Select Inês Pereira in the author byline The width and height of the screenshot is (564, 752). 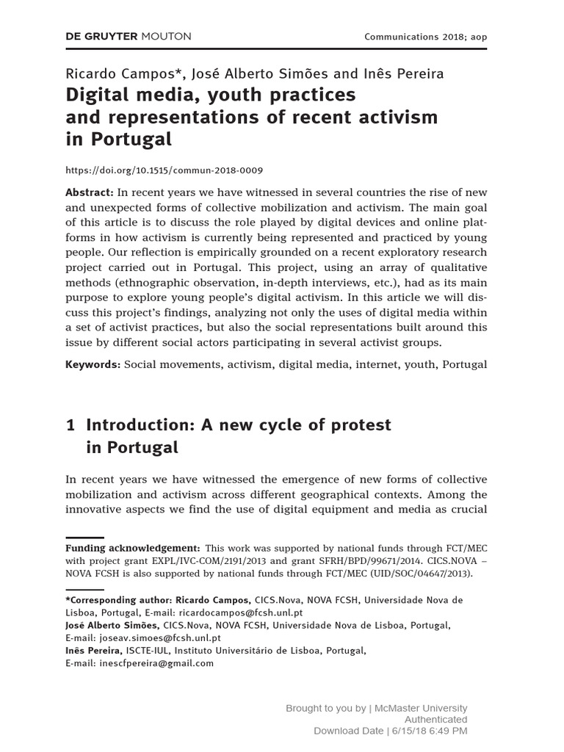pyautogui.click(x=403, y=73)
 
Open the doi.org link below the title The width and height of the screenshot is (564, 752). pyautogui.click(x=164, y=170)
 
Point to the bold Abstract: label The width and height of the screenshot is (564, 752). pyautogui.click(x=90, y=192)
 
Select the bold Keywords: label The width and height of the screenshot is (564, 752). pyautogui.click(x=93, y=364)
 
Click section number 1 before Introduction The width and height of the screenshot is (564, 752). pyautogui.click(x=70, y=424)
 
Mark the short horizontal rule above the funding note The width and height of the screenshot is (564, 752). pyautogui.click(x=85, y=538)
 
